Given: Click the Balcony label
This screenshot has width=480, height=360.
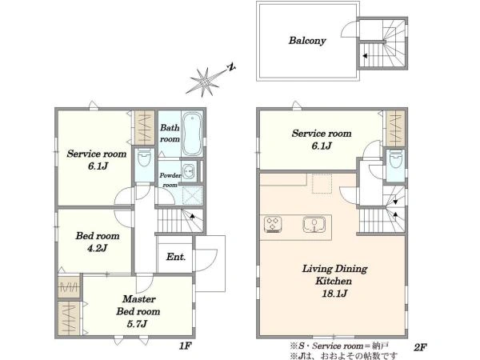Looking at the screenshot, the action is point(307,41).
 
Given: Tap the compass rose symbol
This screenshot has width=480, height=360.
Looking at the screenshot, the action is point(203,82).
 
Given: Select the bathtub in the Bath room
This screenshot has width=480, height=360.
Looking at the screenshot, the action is point(193,134).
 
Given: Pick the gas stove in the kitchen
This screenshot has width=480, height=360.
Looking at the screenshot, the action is point(273,223).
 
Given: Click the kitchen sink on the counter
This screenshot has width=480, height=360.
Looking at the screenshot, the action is point(314,224).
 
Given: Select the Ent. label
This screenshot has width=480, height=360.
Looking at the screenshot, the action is point(176,257).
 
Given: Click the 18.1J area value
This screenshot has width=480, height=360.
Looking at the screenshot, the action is point(334,294).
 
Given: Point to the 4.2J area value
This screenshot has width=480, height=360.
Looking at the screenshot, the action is point(98,248).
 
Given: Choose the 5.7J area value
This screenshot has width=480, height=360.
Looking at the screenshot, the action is point(137,323).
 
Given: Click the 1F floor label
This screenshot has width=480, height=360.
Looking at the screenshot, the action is point(186,346).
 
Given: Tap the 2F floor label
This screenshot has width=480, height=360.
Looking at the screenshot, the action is point(420,347).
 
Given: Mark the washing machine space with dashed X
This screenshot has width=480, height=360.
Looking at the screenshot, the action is point(193,195).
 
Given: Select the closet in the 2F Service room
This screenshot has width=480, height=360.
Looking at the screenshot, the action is point(395,128).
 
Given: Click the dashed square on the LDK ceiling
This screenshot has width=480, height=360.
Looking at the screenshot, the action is point(322,184).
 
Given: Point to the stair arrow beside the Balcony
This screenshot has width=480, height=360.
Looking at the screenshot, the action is point(365,56).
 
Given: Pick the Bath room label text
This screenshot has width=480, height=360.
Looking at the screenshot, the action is point(170,133).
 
